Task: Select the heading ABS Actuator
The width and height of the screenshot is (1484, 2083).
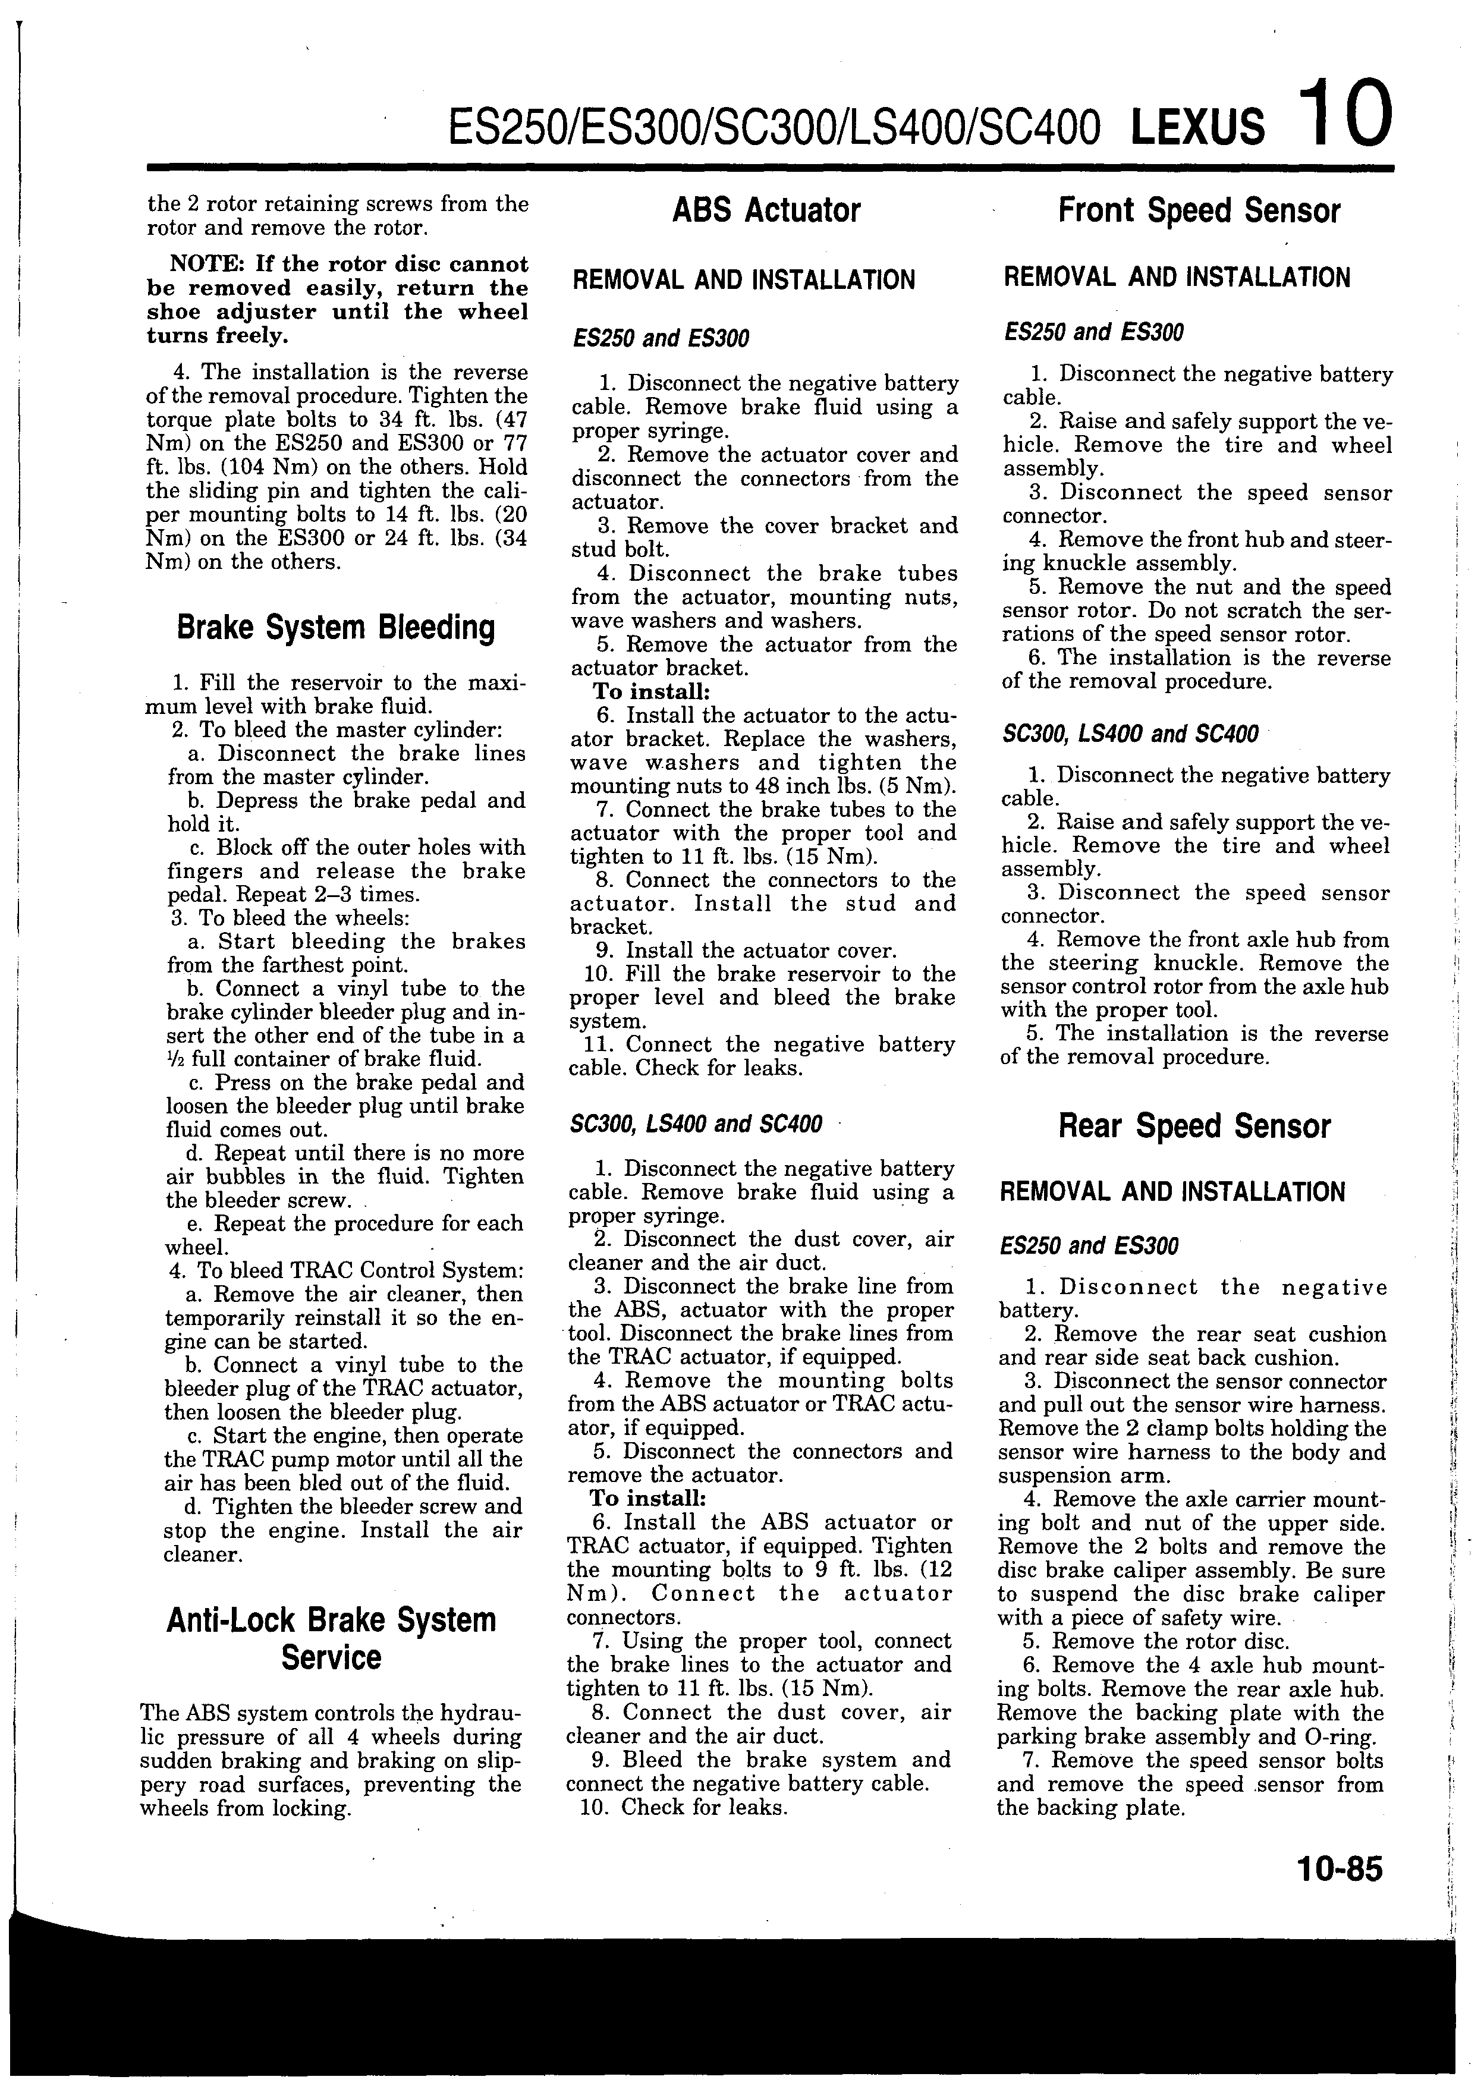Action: [766, 211]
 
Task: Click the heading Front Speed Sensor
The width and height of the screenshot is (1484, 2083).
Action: [1198, 211]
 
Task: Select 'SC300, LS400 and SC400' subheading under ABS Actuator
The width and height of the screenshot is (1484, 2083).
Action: [694, 1123]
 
